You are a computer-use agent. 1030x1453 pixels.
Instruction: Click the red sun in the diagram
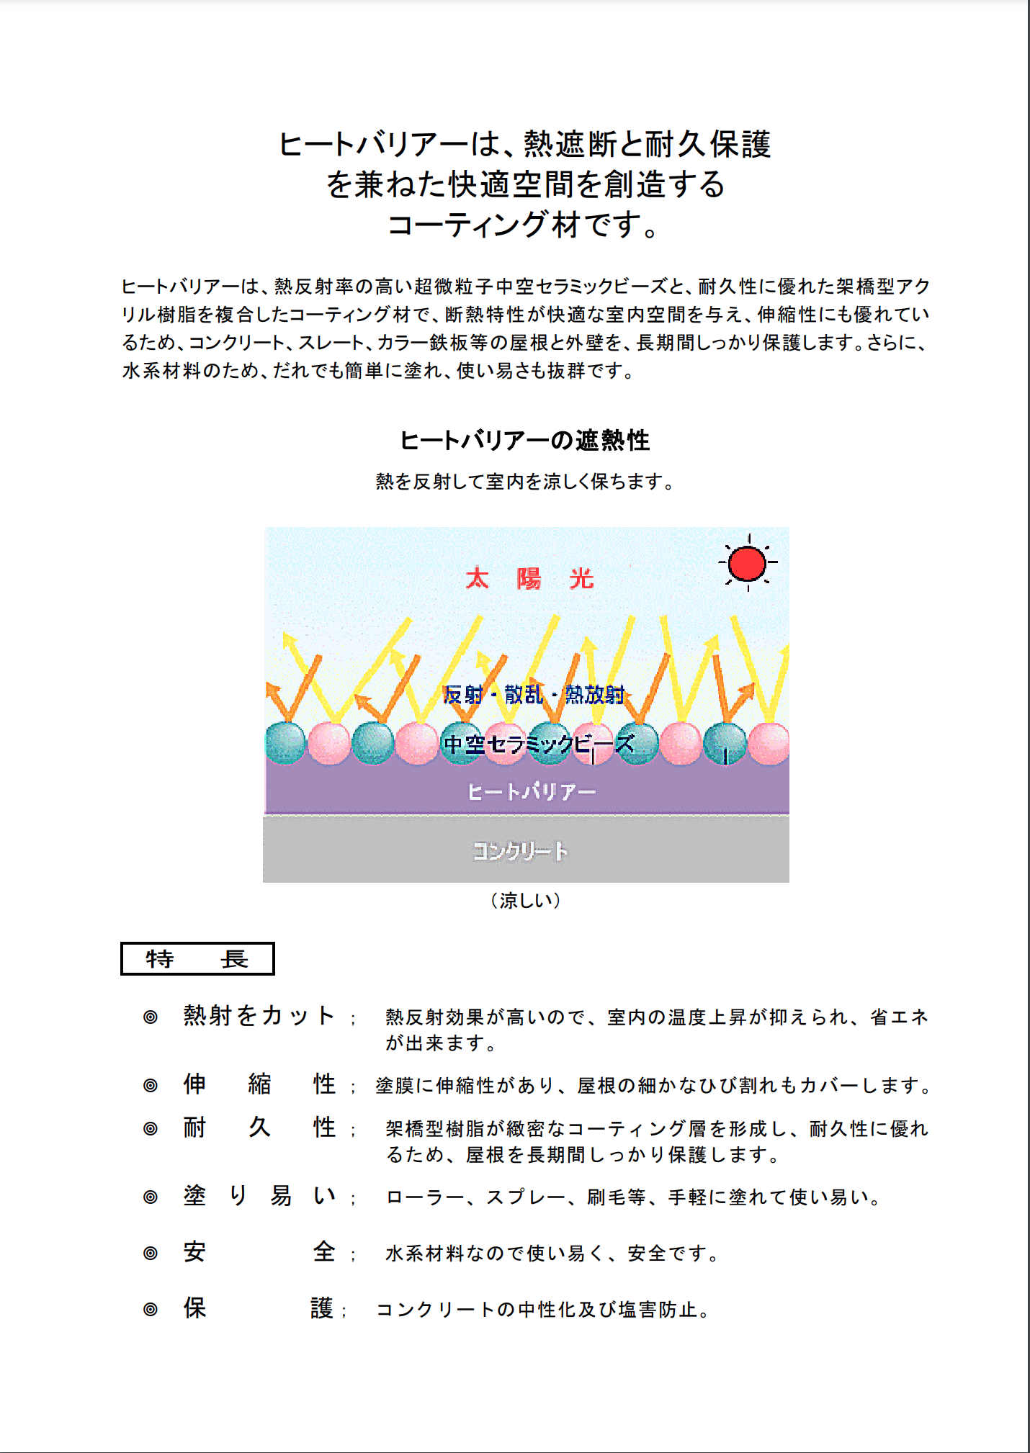coord(747,563)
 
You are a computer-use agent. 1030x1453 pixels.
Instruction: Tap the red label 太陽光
coord(529,578)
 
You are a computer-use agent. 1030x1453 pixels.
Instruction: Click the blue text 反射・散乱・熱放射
coord(533,694)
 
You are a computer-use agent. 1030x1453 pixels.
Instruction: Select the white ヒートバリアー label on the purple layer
coord(532,792)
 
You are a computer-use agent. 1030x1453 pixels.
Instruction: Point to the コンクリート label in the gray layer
coord(520,851)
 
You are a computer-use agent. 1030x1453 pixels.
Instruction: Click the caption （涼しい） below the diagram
coord(525,900)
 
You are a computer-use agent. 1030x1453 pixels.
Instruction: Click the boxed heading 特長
coord(197,959)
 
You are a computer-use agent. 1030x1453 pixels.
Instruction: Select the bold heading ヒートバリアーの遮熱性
coord(524,440)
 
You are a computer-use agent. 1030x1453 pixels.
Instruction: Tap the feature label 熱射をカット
coord(259,1015)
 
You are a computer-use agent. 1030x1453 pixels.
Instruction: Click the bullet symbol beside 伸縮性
coord(150,1085)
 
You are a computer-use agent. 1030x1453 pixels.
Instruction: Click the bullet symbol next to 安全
coord(150,1253)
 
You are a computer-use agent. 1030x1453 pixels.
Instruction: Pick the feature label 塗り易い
coord(259,1196)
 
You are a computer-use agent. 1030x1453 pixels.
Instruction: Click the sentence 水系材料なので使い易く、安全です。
coord(552,1254)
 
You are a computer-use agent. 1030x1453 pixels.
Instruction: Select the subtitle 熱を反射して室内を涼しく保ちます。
coord(524,482)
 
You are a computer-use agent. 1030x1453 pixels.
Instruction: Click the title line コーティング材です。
coord(524,225)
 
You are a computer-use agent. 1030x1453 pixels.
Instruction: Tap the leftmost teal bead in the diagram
coord(286,742)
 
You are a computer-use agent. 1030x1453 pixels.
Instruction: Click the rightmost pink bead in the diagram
coord(769,743)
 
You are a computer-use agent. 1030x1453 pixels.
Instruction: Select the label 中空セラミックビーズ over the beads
coord(539,743)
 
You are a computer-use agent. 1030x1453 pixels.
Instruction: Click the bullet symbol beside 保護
coord(150,1309)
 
